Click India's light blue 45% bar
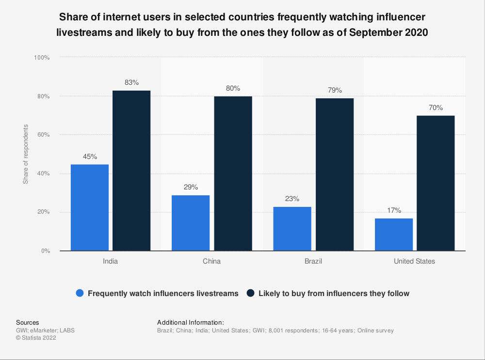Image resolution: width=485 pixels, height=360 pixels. pos(90,207)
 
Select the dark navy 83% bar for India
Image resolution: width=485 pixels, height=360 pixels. pos(131,171)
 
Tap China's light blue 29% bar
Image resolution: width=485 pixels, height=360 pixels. pos(191,223)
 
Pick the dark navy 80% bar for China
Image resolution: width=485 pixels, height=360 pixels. pos(233,173)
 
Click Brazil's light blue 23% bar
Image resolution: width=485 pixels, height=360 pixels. pos(292,229)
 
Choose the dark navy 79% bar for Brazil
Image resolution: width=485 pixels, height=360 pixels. pos(335,174)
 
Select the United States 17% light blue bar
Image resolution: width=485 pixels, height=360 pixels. pos(394,235)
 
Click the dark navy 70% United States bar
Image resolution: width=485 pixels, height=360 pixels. pos(436,183)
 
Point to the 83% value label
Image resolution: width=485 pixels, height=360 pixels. pos(131,83)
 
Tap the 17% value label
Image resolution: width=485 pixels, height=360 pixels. pos(394,211)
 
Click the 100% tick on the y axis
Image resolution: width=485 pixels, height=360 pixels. pos(42,58)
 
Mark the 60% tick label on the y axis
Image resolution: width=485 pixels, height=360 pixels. pos(43,135)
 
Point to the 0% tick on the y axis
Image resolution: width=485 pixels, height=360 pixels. pos(45,251)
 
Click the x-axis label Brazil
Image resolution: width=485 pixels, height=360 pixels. pos(313,261)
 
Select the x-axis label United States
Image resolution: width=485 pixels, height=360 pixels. pos(415,261)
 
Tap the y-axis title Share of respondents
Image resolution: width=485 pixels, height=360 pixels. pos(26,154)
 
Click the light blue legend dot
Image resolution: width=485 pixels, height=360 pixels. pos(80,293)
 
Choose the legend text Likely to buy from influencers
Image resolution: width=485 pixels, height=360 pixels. pos(334,293)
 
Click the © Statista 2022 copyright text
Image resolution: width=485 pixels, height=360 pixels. pos(36,338)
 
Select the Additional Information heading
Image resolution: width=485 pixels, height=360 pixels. pos(191,322)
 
